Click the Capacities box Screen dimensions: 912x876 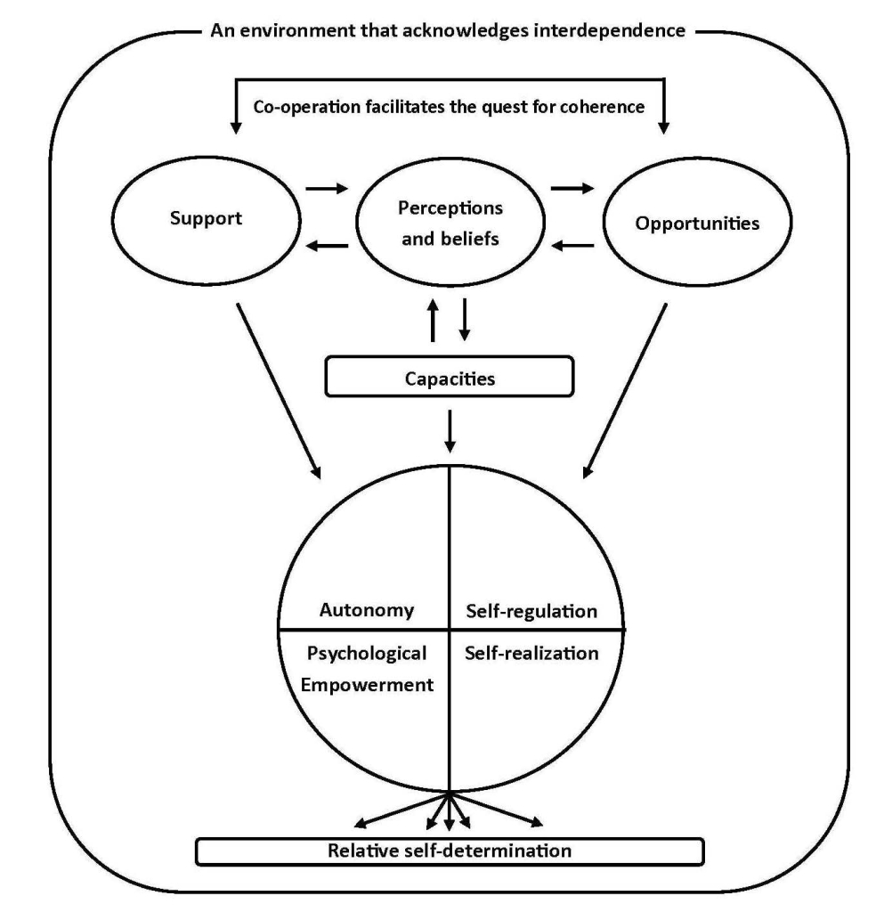450,378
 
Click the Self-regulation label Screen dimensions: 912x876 531,611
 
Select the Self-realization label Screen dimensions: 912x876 531,653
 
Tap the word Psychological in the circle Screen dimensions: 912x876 368,653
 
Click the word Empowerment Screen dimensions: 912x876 368,685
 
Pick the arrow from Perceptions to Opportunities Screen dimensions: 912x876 571,190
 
